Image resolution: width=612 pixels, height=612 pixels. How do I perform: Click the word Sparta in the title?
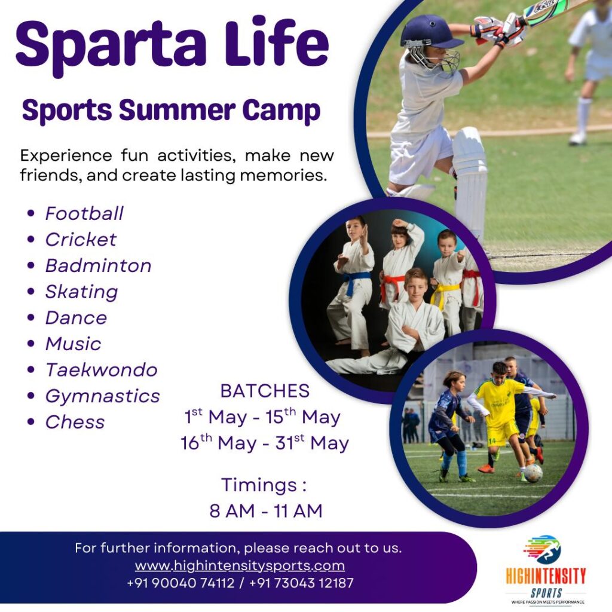[x=111, y=45]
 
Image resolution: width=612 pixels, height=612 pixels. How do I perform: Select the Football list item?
[x=84, y=213]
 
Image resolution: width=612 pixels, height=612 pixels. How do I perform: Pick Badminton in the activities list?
[x=99, y=266]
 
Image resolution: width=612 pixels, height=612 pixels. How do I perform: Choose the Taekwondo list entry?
[x=102, y=370]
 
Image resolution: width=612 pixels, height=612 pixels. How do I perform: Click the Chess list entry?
[x=75, y=422]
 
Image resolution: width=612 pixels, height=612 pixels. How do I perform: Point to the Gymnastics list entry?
[x=103, y=397]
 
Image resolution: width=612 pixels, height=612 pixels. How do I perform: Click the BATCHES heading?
[x=265, y=391]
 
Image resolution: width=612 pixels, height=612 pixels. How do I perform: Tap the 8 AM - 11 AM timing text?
[x=266, y=511]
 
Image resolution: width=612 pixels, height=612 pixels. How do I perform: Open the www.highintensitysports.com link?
[x=240, y=565]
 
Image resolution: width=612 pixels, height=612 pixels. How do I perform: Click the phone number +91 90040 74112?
[x=180, y=583]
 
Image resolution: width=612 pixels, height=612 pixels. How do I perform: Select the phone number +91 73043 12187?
[x=301, y=583]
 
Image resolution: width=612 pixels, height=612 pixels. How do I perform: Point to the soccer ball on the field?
[x=533, y=473]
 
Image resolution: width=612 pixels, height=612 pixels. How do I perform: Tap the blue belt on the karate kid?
[x=356, y=281]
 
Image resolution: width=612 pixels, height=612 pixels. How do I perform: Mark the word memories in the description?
[x=283, y=175]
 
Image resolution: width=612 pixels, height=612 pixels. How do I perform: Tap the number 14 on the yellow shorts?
[x=492, y=440]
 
